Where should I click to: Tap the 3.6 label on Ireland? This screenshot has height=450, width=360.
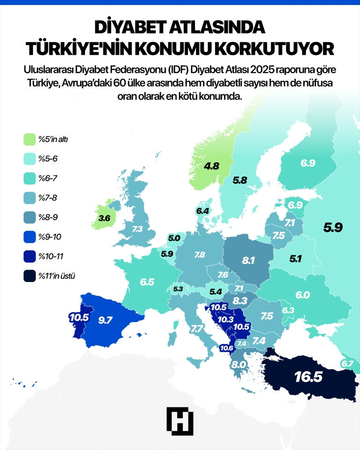coord(104,218)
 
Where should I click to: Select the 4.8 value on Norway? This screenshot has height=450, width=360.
coord(211,165)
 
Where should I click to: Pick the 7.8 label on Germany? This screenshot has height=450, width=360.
coord(200,255)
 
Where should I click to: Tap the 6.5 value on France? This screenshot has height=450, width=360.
coord(147,282)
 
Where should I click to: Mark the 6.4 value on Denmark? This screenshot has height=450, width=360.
coord(202,211)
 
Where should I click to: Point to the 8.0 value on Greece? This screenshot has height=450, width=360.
coord(239,364)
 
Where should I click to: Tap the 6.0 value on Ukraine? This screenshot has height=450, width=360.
coord(302,294)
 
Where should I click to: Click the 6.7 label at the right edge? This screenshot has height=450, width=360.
coord(347,363)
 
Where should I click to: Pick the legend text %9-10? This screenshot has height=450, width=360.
coord(50,237)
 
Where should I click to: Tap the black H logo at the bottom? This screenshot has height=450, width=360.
coord(180,420)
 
